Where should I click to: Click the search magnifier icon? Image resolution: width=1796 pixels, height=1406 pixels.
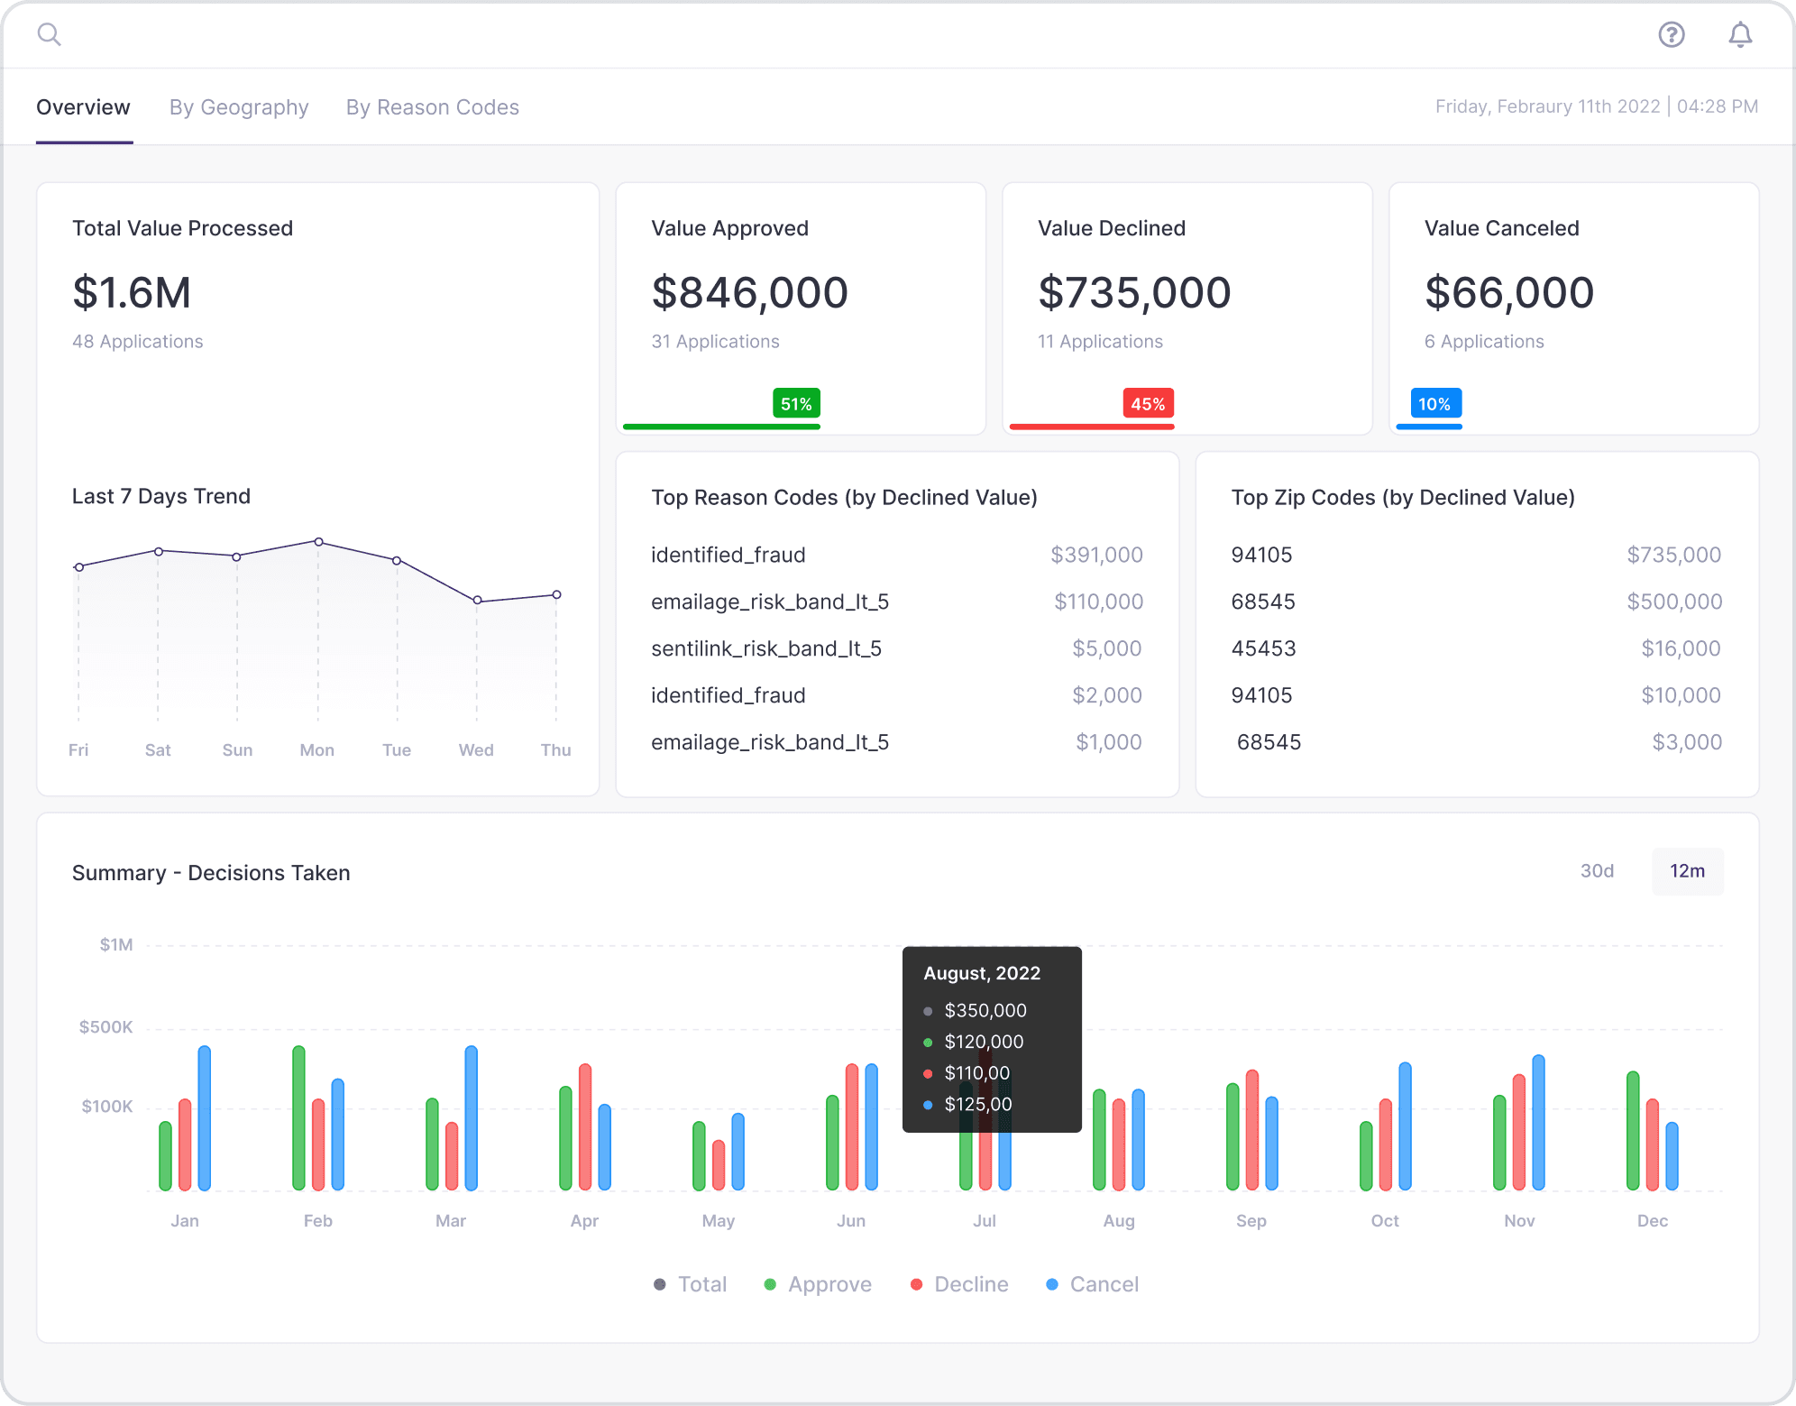(x=49, y=34)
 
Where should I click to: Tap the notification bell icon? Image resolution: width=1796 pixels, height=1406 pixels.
(x=1740, y=34)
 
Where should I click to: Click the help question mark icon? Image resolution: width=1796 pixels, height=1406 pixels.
(x=1672, y=34)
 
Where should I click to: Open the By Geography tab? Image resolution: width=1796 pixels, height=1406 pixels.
(x=239, y=107)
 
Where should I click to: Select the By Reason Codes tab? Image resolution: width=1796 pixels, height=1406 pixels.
(x=433, y=107)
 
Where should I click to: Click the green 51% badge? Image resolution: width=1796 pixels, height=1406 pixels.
(x=796, y=404)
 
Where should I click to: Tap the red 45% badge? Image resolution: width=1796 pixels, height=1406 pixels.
(x=1148, y=404)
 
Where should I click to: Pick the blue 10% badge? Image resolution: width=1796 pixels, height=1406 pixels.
(x=1435, y=404)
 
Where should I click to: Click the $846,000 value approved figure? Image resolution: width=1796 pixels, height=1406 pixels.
(x=749, y=293)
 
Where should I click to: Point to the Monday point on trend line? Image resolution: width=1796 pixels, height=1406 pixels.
(x=318, y=542)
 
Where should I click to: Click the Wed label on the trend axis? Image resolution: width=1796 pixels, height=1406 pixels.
(x=476, y=750)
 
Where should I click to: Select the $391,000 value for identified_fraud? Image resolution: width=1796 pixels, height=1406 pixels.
(x=1096, y=555)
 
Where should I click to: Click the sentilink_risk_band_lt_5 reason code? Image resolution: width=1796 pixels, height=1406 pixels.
(x=766, y=648)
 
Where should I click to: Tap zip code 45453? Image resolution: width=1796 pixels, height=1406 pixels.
(x=1263, y=648)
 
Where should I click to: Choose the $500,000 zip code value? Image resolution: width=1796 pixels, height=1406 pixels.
(x=1674, y=602)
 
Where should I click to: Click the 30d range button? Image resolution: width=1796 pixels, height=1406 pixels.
(x=1597, y=871)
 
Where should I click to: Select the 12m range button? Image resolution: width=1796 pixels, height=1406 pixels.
(x=1687, y=871)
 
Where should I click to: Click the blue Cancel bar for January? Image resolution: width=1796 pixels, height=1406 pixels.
(x=205, y=1118)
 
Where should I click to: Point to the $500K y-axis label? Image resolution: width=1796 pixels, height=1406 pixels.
(x=105, y=1027)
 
